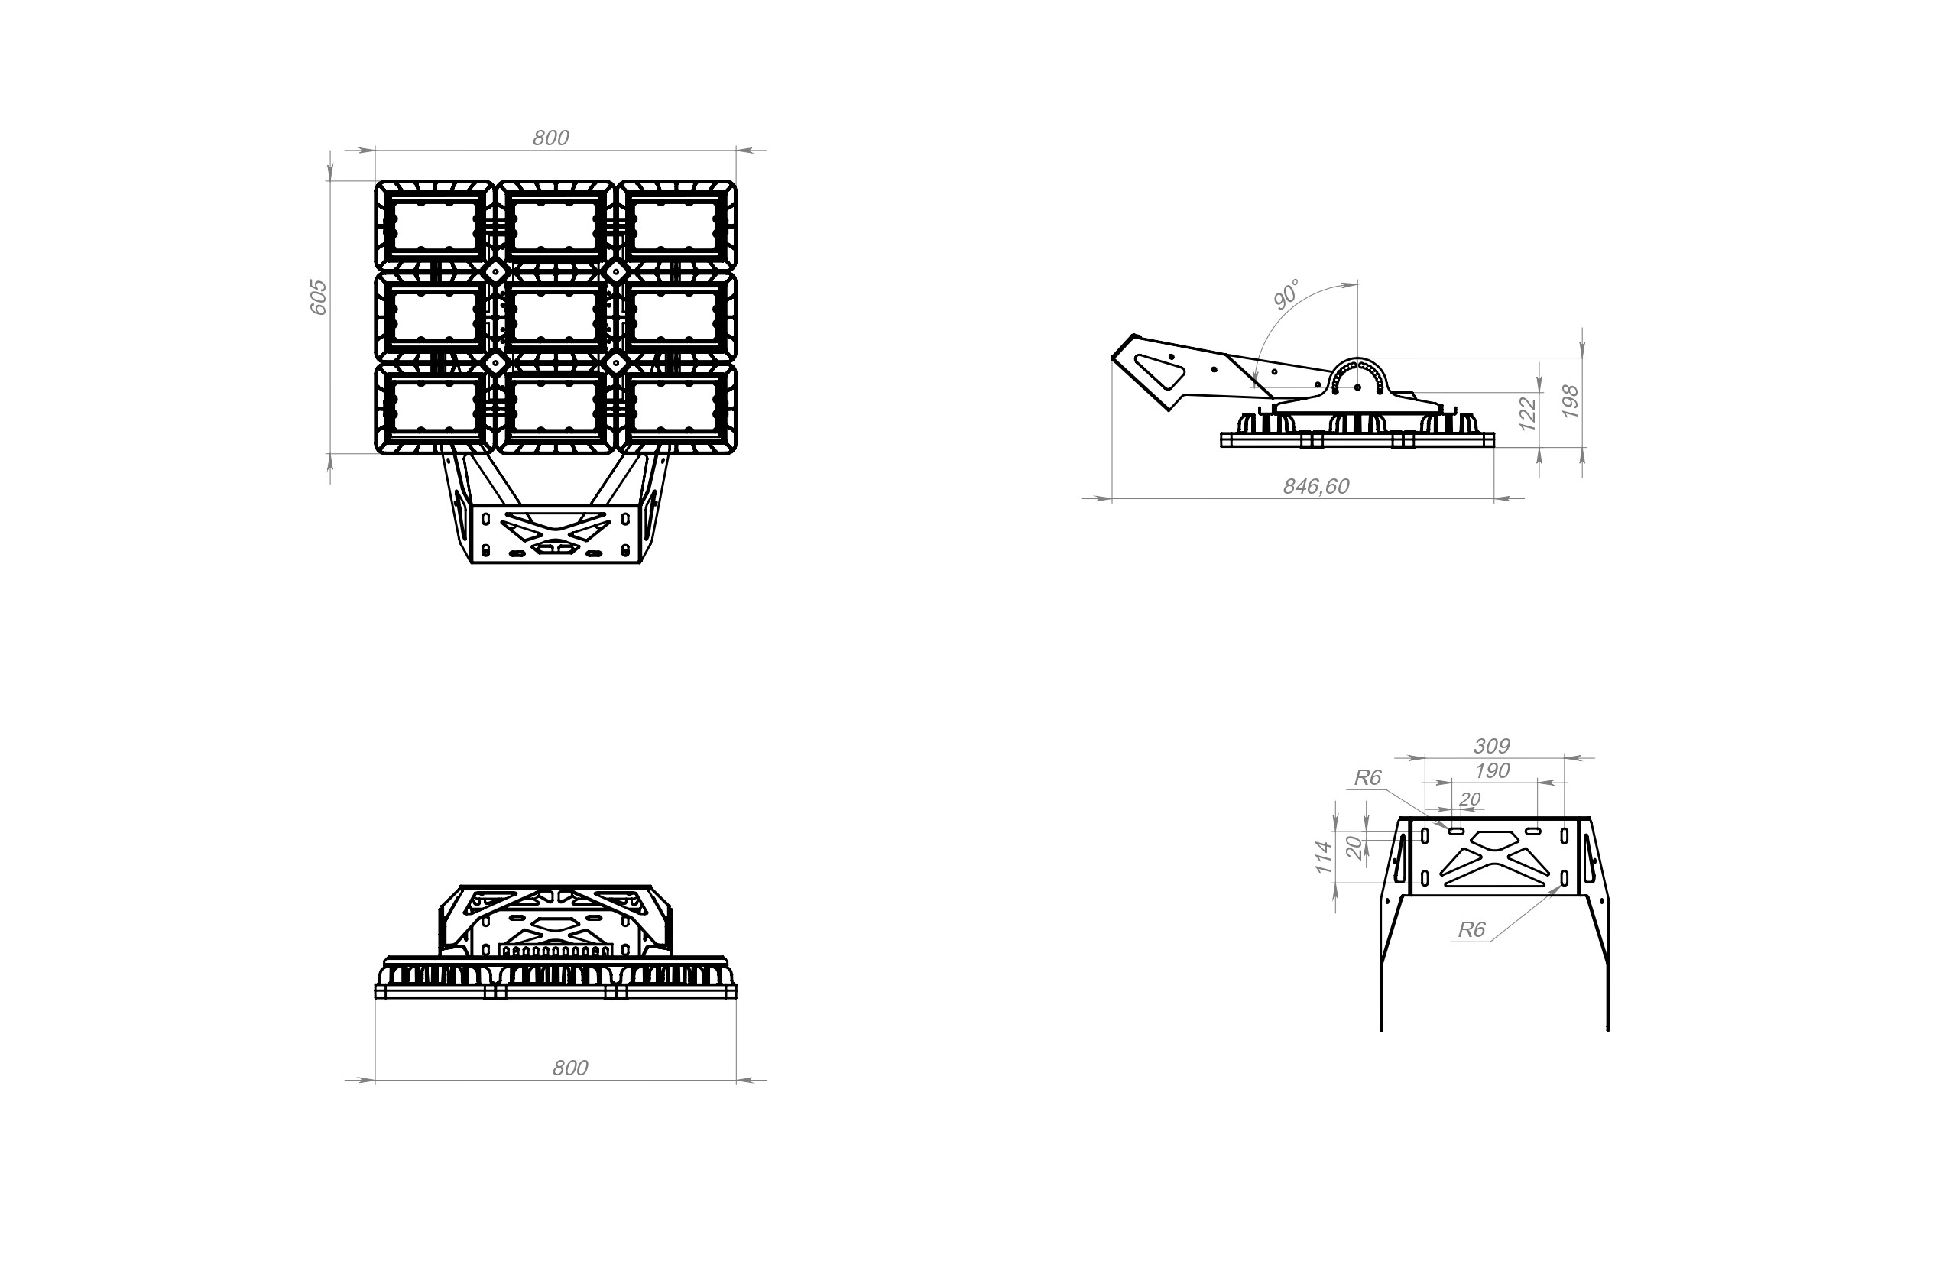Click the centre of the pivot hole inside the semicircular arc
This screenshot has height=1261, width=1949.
1357,387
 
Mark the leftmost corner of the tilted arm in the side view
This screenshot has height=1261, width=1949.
1111,358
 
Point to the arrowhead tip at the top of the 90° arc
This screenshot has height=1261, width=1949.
1357,284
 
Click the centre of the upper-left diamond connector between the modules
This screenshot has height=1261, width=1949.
495,271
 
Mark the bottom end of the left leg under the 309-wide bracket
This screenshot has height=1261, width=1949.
1382,1029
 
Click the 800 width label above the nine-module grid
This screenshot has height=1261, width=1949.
550,138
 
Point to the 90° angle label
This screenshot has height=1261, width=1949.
1286,295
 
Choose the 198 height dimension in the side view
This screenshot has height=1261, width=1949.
1570,402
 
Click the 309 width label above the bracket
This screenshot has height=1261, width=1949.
1491,746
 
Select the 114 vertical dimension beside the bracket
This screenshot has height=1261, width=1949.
1323,857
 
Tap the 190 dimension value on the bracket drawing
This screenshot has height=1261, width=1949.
1492,770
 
